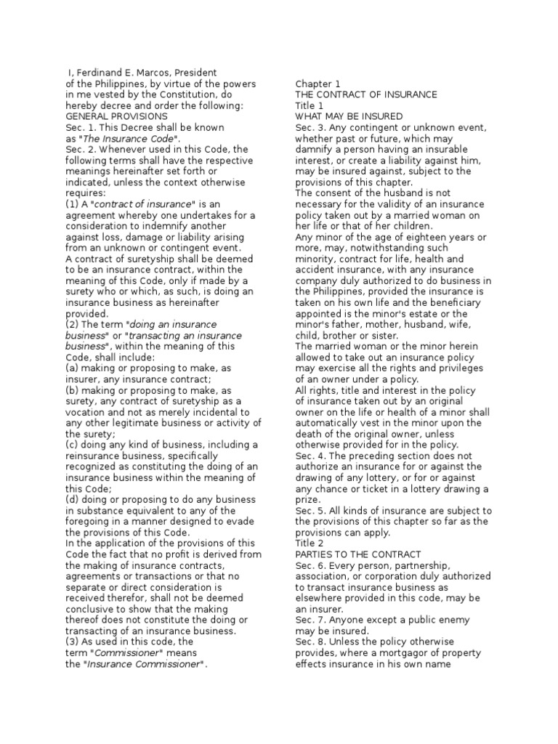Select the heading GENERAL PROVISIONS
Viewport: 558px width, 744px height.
point(117,116)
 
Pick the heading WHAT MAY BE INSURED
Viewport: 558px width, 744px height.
point(349,116)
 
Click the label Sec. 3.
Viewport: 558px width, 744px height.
point(309,127)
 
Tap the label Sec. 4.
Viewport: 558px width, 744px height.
point(309,456)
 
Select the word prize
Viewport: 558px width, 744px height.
point(308,499)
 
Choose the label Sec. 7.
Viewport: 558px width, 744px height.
point(309,620)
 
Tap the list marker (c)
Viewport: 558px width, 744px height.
point(72,445)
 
